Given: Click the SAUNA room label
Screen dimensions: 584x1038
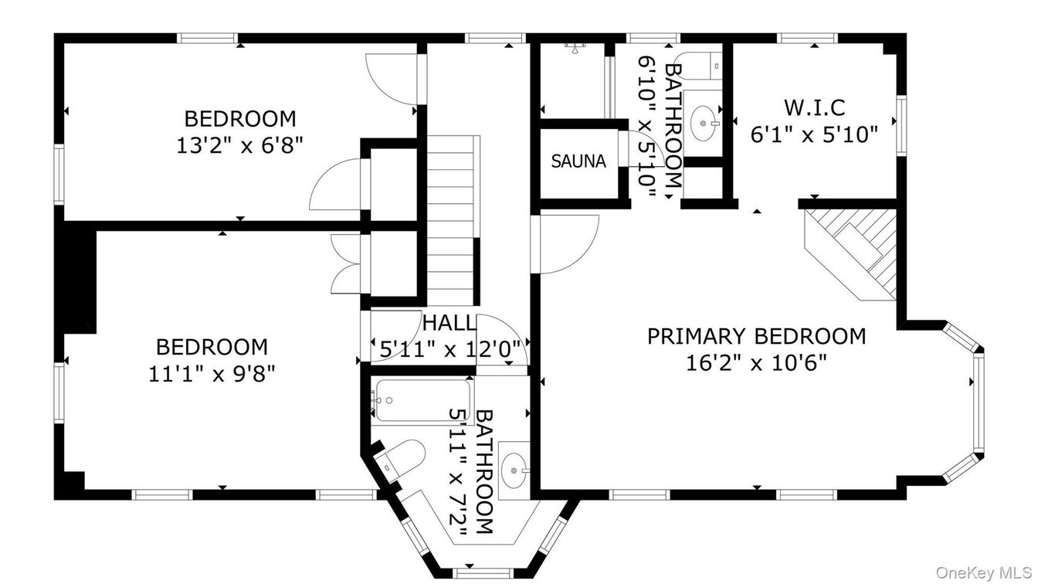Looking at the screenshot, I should [578, 161].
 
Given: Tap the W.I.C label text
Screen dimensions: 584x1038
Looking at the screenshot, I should [814, 107].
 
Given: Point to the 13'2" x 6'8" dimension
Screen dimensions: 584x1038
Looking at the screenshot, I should [239, 145].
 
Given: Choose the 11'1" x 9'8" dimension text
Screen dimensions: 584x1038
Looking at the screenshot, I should [212, 374].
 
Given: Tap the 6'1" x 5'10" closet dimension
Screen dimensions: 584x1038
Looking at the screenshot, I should [814, 134].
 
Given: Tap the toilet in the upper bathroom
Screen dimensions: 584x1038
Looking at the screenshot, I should [697, 65].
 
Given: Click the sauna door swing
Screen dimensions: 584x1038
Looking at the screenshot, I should [636, 149].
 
